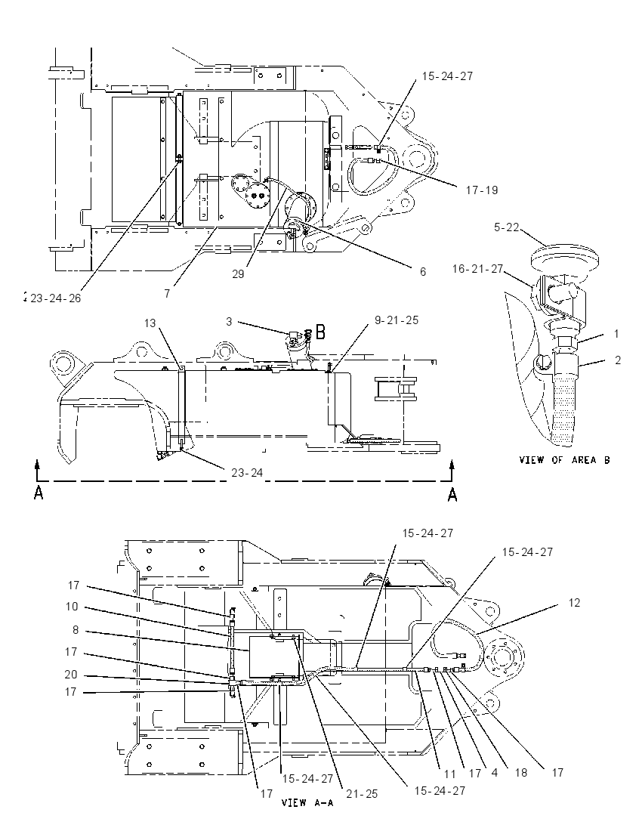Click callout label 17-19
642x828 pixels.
tap(482, 190)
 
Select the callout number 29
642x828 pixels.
tap(239, 274)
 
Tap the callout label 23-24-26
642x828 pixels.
tap(55, 298)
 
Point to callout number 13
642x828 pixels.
tap(150, 323)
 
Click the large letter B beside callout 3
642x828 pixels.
tap(321, 332)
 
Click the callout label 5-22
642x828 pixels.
tap(506, 227)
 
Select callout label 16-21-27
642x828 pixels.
tap(477, 269)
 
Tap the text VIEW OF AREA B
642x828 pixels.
tap(564, 460)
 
